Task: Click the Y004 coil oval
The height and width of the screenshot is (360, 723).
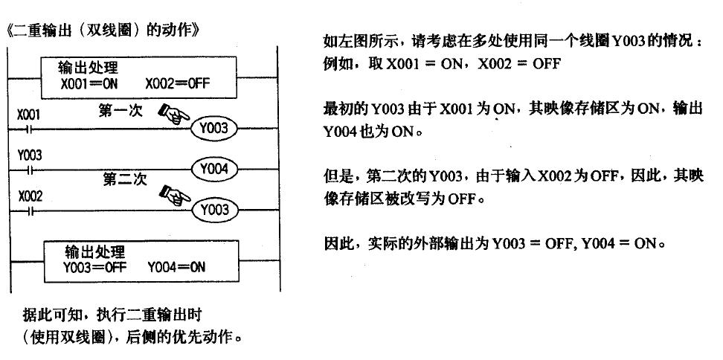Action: click(x=214, y=169)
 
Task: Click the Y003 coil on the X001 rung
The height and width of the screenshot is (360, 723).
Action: click(x=214, y=129)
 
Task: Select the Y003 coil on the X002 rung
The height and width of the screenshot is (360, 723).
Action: click(x=214, y=210)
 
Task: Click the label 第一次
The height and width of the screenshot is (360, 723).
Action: click(x=119, y=112)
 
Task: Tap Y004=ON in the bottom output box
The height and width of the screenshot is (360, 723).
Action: click(x=176, y=265)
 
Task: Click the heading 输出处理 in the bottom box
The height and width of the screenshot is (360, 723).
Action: click(x=94, y=251)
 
